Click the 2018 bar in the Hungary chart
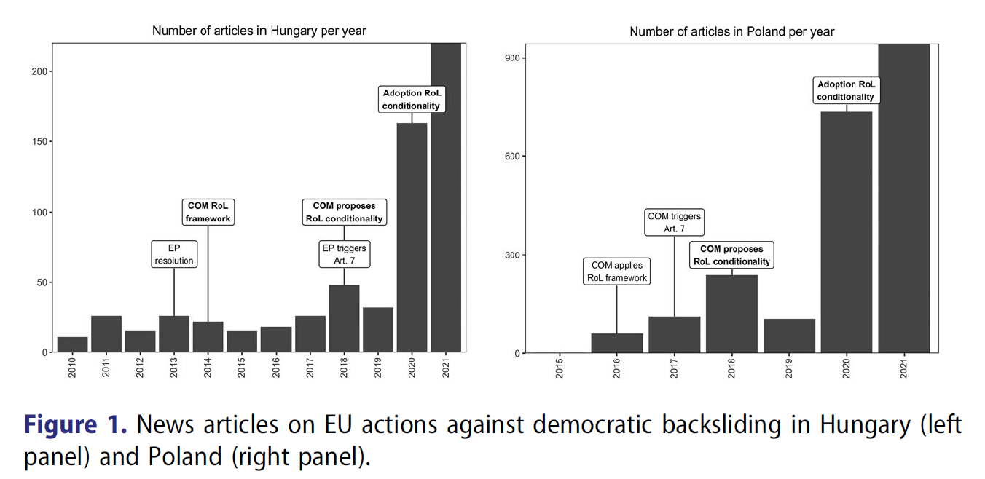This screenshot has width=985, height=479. click(x=344, y=319)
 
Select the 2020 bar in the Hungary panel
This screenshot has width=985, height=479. click(x=412, y=237)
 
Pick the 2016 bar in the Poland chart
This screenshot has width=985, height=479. click(x=616, y=344)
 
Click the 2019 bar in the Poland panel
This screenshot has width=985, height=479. click(x=789, y=336)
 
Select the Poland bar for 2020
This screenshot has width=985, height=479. click(x=846, y=232)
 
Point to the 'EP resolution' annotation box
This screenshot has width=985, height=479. click(x=174, y=254)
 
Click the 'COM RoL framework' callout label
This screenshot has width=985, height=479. click(x=208, y=212)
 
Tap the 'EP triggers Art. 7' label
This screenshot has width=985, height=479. click(x=345, y=254)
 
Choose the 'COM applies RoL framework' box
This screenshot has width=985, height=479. click(x=617, y=271)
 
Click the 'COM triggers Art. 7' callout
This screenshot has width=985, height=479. click(x=674, y=222)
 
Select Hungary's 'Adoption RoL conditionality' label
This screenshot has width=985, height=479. click(x=412, y=100)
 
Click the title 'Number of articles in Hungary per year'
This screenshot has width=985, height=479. click(x=259, y=31)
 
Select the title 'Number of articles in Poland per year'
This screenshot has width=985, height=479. click(x=731, y=31)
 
